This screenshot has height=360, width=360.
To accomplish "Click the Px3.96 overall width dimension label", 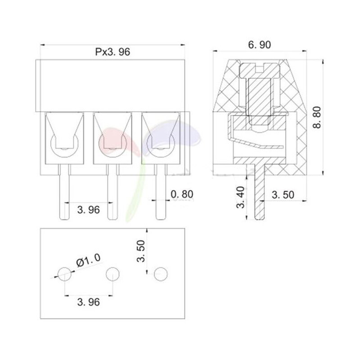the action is click(112, 52).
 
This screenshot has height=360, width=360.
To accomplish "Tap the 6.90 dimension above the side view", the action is click(260, 45).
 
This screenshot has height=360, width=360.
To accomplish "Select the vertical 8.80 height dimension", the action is click(317, 117).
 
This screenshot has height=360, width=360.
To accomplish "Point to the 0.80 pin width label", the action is click(182, 194).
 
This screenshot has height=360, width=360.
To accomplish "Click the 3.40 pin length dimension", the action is click(241, 197).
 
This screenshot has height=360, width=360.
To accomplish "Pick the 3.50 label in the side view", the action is click(283, 195).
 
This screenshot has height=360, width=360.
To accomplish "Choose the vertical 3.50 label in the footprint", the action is click(141, 251).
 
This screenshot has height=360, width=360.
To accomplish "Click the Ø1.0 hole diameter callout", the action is click(88, 261).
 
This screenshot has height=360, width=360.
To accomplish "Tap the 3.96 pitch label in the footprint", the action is click(88, 302).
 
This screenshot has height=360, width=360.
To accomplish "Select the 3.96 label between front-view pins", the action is click(88, 210).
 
